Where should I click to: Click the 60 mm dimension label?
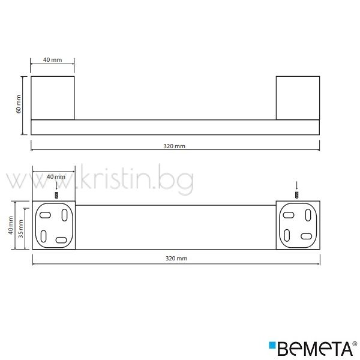point(19,104)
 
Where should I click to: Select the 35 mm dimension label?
point(20,229)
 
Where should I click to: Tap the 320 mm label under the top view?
point(174,146)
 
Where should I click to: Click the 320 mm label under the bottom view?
point(176,259)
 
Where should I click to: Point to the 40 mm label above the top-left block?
point(53,59)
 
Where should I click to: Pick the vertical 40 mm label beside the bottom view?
point(11,226)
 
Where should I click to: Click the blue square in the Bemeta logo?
point(272,345)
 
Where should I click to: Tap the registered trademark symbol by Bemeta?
point(355,344)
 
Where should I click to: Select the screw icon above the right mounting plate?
point(297,195)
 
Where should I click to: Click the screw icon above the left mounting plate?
point(56,196)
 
